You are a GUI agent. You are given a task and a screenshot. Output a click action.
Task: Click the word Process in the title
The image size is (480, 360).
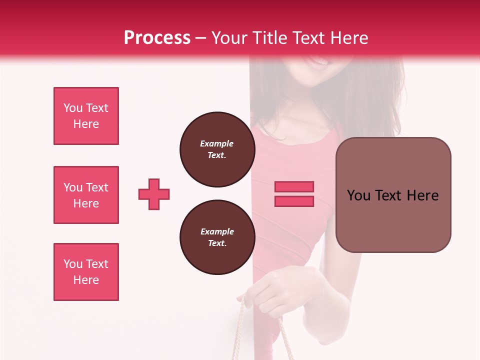coord(157,38)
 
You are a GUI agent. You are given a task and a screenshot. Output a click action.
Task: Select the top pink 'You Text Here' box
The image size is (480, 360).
coord(86,116)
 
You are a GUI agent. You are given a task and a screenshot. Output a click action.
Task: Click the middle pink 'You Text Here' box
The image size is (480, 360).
coord(86,195)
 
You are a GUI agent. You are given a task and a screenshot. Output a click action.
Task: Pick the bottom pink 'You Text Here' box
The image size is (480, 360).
coord(86,272)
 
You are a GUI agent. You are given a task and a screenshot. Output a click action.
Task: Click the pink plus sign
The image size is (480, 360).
coord(154,194)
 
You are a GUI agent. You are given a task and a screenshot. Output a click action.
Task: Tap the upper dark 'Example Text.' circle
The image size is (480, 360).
coord(217,149)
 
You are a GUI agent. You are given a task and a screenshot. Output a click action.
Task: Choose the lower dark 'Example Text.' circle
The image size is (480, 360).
coord(217,237)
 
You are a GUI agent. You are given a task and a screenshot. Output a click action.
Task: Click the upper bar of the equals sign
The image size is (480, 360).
coord(294,186)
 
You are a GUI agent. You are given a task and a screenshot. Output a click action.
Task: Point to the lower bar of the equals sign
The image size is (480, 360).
coord(294,201)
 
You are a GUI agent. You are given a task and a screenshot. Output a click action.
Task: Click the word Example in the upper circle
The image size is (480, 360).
coord(217,143)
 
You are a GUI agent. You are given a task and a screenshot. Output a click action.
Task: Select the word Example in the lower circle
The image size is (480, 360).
coord(217,231)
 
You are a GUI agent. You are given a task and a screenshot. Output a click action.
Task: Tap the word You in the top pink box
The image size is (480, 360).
coord(72,108)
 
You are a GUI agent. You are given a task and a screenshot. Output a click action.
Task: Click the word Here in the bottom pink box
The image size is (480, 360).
coord(86,280)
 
